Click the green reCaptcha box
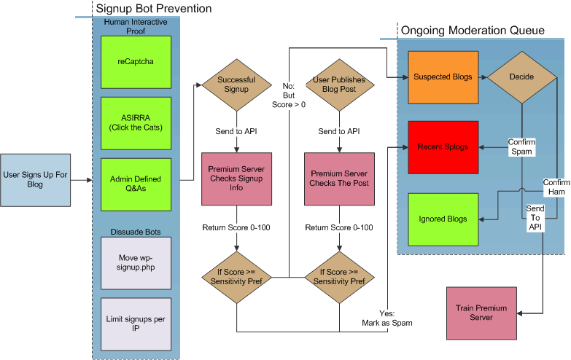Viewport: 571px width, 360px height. click(136, 62)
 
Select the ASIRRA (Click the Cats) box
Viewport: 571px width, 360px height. click(136, 123)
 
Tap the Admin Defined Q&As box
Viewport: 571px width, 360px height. click(136, 184)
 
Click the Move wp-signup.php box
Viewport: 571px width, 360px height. click(136, 263)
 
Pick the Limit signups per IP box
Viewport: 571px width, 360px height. click(136, 324)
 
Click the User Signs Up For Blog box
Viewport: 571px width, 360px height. click(35, 180)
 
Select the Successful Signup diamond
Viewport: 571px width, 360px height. click(237, 85)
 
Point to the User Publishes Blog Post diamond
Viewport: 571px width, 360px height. click(339, 85)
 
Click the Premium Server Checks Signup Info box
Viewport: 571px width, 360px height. click(237, 179)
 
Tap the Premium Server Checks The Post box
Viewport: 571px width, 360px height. click(339, 179)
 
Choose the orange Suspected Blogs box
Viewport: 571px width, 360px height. click(443, 77)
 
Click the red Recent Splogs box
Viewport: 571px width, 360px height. click(443, 147)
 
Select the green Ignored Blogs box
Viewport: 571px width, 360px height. click(443, 219)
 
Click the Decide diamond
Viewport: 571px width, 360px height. click(522, 77)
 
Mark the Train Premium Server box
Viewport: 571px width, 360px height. click(481, 313)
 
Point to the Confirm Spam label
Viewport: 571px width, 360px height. click(522, 146)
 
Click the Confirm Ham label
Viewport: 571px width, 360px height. click(556, 187)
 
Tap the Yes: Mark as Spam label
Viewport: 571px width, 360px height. click(387, 318)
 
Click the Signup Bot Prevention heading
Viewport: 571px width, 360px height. click(154, 8)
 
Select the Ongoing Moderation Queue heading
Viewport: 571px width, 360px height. click(473, 30)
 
